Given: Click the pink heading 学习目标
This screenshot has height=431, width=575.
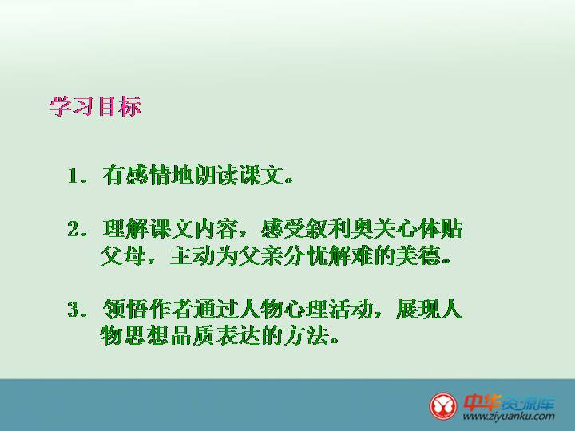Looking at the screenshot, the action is tap(95, 106).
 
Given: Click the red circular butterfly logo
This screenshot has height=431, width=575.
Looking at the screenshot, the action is tap(443, 406).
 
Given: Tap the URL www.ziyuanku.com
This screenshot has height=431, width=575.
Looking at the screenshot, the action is tap(509, 416).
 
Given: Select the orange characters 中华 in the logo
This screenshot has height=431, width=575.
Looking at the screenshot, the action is tap(482, 402).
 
